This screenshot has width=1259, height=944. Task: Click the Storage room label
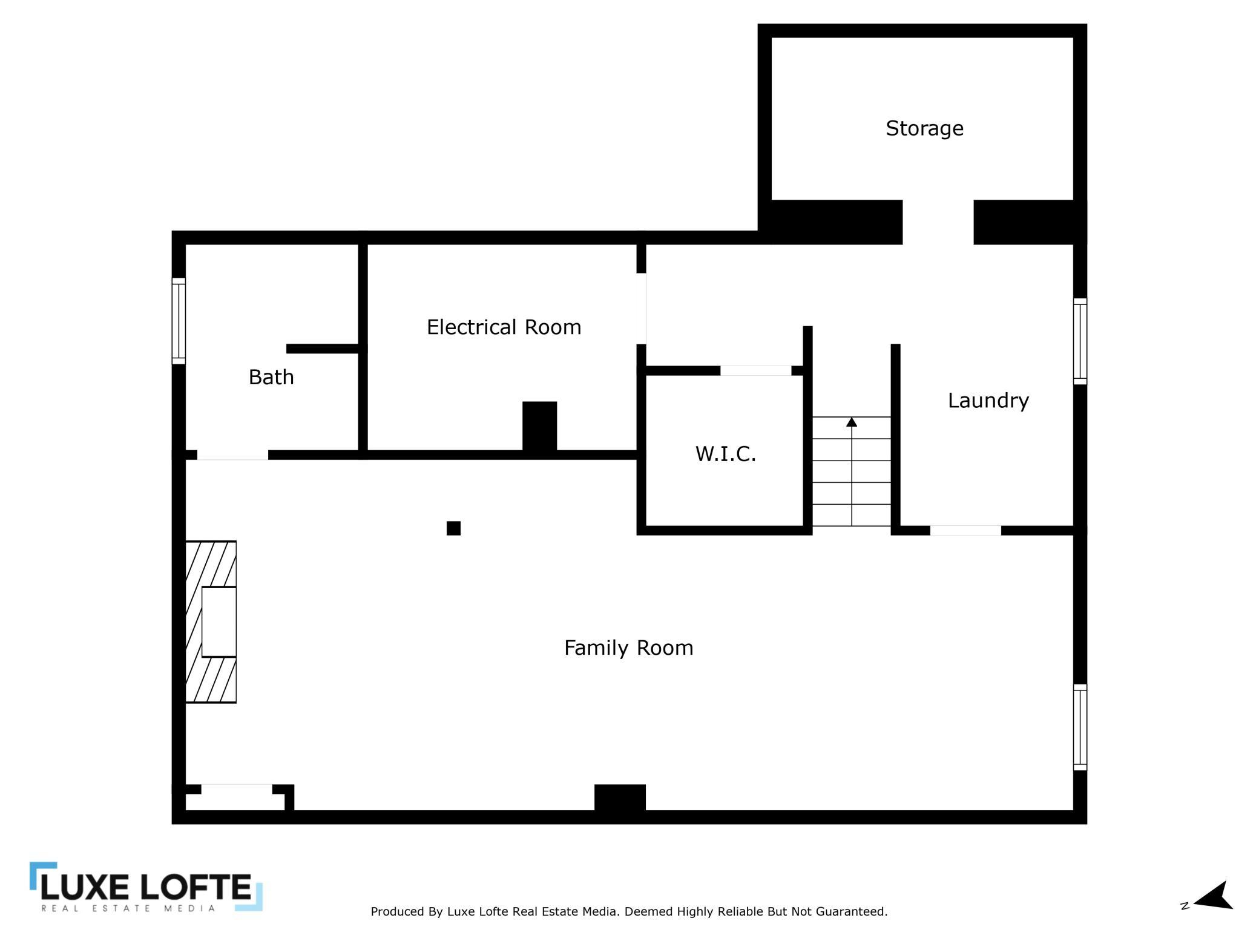tap(924, 128)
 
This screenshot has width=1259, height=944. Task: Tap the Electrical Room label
tap(504, 327)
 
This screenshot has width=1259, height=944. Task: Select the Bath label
tap(271, 377)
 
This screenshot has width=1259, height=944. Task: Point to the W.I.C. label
tap(726, 454)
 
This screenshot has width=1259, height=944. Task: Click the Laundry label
tap(988, 401)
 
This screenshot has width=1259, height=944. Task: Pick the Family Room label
tap(628, 648)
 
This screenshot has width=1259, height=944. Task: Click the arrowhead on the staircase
tap(852, 422)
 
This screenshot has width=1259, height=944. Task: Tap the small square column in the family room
tap(453, 528)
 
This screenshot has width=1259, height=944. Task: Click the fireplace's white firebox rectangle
tap(219, 622)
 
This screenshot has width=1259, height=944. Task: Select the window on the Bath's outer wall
tap(179, 321)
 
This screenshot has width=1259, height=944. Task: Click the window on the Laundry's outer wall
tap(1080, 341)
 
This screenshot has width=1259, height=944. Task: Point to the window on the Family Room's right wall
tap(1080, 727)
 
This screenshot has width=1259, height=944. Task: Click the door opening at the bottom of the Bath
tap(232, 455)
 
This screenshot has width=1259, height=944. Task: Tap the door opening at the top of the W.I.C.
tap(755, 371)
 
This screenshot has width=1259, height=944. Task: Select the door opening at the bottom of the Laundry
tap(965, 531)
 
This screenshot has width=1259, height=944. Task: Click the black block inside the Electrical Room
tap(540, 426)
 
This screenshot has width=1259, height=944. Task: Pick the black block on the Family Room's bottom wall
tap(620, 798)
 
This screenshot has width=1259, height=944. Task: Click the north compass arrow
tap(1214, 896)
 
